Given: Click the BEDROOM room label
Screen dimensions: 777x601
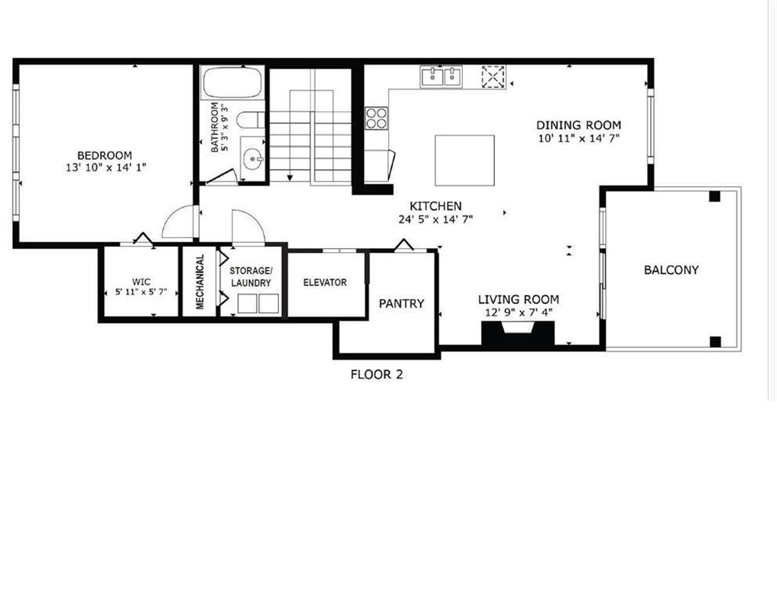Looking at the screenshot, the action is click(x=104, y=155).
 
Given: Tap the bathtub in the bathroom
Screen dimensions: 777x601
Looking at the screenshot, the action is click(x=232, y=82).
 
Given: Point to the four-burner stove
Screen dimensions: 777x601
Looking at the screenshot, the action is click(x=376, y=118).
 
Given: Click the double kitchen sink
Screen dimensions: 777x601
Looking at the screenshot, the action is click(x=441, y=76).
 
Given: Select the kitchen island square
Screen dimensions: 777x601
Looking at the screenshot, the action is click(x=465, y=160).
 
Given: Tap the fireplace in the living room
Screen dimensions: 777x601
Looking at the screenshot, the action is click(x=518, y=333).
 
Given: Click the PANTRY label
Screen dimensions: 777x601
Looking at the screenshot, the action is click(x=401, y=304).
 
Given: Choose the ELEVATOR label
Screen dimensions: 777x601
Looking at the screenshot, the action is click(x=325, y=282).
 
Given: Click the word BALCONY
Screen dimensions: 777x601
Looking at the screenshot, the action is click(x=671, y=270).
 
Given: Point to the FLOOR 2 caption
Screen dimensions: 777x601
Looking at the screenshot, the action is click(x=377, y=375).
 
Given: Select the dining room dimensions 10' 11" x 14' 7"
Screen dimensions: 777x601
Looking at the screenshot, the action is click(x=579, y=138).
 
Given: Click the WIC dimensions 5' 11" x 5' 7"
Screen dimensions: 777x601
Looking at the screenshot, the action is click(x=141, y=292).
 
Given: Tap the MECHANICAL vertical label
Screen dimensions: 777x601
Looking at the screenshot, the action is click(x=200, y=282).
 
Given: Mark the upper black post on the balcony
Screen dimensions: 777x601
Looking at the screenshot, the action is click(x=715, y=197).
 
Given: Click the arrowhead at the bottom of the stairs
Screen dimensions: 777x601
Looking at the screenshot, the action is click(x=290, y=178).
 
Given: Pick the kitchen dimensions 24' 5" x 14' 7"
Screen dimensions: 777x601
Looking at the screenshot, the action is click(x=435, y=219).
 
